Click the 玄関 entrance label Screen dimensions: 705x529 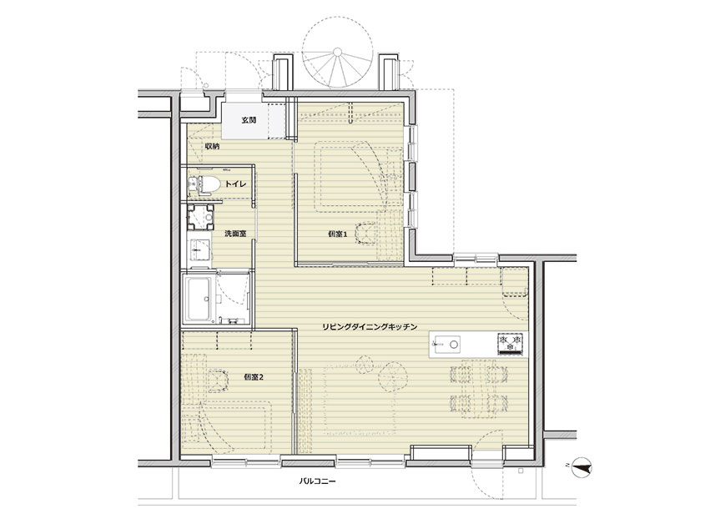pyautogui.click(x=249, y=120)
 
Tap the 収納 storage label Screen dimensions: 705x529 pyautogui.click(x=212, y=146)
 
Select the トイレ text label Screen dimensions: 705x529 pyautogui.click(x=235, y=184)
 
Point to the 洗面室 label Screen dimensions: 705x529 pyautogui.click(x=235, y=234)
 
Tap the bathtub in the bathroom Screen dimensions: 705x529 pyautogui.click(x=199, y=298)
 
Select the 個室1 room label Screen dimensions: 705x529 pyautogui.click(x=338, y=234)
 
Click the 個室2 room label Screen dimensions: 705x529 pyautogui.click(x=254, y=377)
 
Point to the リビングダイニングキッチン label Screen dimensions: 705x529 pyautogui.click(x=370, y=327)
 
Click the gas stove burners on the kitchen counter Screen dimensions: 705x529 pyautogui.click(x=511, y=344)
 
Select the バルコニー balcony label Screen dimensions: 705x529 pyautogui.click(x=317, y=481)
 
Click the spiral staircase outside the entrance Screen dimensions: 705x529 pyautogui.click(x=338, y=53)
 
